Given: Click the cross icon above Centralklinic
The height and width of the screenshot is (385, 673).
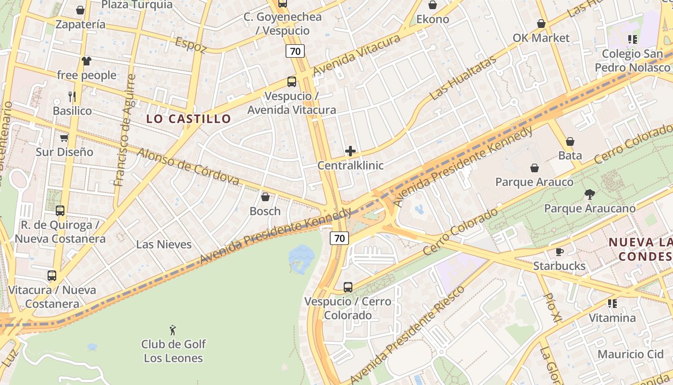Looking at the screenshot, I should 350,151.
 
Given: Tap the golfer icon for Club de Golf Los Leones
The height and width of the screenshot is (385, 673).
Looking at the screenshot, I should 173,330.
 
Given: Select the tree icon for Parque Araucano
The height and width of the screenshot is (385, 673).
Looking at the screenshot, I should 589,194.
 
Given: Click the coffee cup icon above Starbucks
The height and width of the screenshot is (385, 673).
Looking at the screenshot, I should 559,252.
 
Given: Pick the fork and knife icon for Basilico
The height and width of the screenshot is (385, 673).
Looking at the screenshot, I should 72,97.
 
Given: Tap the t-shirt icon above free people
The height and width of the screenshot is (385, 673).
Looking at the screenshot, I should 87,61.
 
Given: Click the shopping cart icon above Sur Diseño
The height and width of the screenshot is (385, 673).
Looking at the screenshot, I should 64,138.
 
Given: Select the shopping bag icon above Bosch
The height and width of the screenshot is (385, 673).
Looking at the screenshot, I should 265,197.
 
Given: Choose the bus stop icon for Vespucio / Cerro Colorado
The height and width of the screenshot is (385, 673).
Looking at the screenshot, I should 348,287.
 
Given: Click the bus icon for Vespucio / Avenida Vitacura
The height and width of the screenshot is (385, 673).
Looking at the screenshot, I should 292,81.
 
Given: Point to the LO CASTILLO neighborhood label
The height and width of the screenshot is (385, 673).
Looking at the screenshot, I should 188,119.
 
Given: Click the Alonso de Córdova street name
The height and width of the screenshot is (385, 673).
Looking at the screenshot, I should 188,167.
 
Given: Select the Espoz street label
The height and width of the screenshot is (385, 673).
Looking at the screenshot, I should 191,45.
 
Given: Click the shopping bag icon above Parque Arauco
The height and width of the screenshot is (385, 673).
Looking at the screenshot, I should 534,168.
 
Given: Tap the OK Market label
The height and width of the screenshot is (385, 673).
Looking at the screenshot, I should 541,38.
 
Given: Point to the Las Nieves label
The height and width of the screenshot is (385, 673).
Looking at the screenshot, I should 163,244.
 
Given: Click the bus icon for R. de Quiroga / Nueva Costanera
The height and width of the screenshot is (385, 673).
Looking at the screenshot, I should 60,211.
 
